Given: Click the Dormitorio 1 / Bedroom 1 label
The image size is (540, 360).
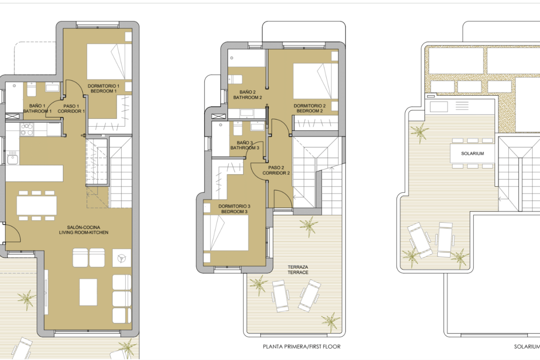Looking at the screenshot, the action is pos(104,89).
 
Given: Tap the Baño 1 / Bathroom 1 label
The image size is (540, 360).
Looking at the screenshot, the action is pos(37,108).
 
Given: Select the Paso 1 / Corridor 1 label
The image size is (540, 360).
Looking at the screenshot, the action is pos(71,108).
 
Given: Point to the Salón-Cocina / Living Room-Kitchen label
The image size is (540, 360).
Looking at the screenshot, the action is pos(84,230).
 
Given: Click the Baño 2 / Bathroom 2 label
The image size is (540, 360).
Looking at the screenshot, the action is pos(247,95).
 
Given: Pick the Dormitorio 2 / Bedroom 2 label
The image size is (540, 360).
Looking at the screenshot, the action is pos(309,108).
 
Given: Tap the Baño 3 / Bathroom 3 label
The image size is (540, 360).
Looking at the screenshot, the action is pos(245,145).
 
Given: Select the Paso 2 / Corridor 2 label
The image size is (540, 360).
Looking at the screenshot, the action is pos(276,170).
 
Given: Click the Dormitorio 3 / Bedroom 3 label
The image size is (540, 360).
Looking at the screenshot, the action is pos(234,209).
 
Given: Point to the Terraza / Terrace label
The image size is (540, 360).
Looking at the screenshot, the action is pos(298,270).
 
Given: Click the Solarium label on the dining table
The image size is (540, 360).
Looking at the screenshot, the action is pos(473,153).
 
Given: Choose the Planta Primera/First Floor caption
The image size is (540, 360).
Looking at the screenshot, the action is pos(301,347).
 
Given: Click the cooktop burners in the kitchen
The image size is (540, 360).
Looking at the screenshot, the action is pos(27,129).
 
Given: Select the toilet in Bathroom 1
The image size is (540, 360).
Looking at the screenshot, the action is pos(31,89).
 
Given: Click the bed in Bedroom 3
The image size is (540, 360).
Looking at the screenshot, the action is pos(226,233).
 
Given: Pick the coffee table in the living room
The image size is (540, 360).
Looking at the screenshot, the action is pos(88,292).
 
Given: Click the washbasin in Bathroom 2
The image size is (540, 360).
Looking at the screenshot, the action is pos(247,112).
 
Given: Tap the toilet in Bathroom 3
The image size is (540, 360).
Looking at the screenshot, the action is pos(238,128).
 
